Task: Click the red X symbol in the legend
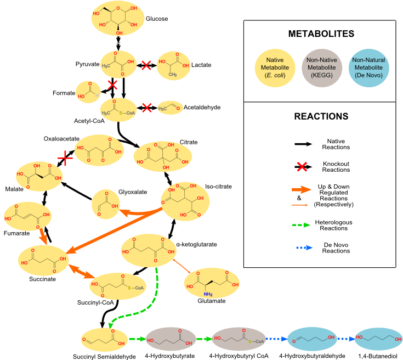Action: (302, 167)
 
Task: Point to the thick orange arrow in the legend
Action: (302, 190)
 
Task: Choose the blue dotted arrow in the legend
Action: (304, 248)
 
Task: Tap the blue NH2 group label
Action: (208, 294)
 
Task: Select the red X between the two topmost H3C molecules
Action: (146, 65)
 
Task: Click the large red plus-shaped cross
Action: (65, 159)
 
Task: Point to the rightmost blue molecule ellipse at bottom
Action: (378, 339)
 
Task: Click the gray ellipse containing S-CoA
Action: (239, 339)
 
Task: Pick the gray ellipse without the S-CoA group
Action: (170, 339)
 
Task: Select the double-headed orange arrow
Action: (80, 272)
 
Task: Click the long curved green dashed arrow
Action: (148, 302)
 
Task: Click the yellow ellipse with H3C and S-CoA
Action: (118, 110)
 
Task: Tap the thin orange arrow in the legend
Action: (301, 205)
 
